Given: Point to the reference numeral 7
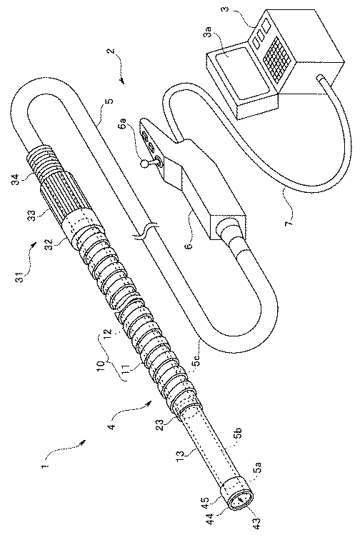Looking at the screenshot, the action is [289, 219].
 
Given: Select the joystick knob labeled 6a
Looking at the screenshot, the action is [144, 164].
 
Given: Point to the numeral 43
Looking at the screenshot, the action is [257, 525].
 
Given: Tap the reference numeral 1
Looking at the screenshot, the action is [44, 466].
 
